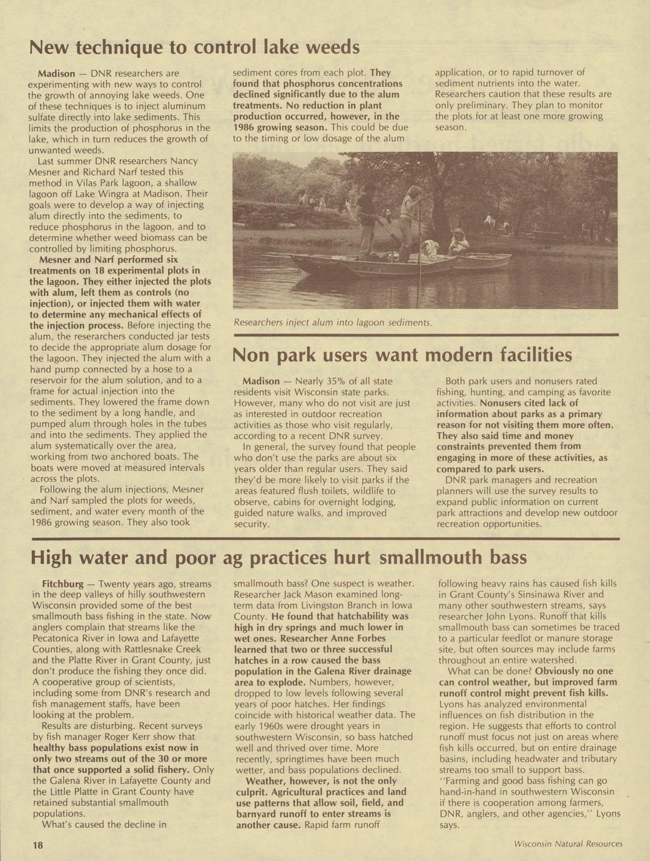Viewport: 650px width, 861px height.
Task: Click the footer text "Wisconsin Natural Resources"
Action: point(568,844)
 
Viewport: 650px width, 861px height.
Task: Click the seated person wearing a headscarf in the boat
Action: point(460,240)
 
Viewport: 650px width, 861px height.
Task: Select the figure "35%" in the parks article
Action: point(326,381)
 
